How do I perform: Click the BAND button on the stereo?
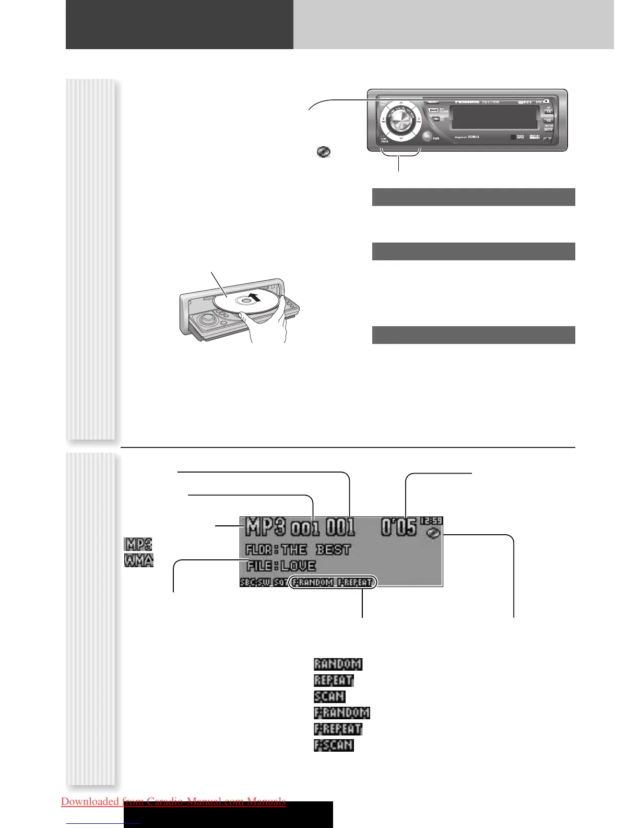(433, 111)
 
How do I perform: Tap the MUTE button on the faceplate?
(549, 129)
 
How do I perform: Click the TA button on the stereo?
(549, 111)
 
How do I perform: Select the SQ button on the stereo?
(549, 120)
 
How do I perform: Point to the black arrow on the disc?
(254, 298)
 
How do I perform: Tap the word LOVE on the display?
(298, 566)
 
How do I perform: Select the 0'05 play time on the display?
(398, 527)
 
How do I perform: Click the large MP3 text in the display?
(266, 526)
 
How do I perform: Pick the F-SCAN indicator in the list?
(334, 745)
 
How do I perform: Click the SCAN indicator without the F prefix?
(329, 696)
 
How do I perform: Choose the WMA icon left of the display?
(139, 560)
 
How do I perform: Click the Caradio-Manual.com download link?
(173, 801)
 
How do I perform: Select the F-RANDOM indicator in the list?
(341, 712)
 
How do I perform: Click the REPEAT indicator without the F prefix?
(334, 681)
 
